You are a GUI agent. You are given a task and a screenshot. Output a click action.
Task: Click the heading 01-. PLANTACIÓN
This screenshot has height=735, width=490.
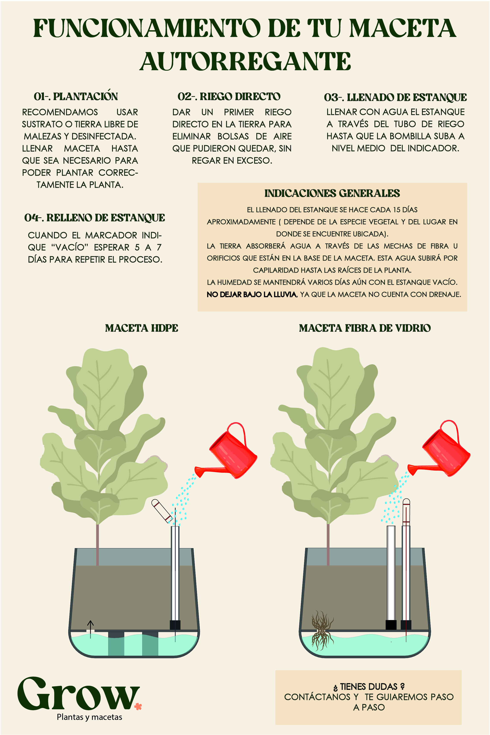click(76, 96)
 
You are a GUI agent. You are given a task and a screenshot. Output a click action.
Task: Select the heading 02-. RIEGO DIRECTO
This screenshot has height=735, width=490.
click(229, 97)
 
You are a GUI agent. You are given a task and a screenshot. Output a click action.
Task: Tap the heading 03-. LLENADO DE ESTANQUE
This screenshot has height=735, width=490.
click(395, 97)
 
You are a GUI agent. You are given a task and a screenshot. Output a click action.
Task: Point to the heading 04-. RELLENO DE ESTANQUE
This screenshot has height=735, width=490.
click(95, 218)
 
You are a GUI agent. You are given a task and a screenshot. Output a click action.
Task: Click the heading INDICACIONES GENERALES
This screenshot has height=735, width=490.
click(332, 193)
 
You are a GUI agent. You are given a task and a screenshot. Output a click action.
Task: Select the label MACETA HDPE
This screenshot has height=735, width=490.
click(142, 328)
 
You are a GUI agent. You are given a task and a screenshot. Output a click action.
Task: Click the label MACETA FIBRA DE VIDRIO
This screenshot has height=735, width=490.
click(365, 328)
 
